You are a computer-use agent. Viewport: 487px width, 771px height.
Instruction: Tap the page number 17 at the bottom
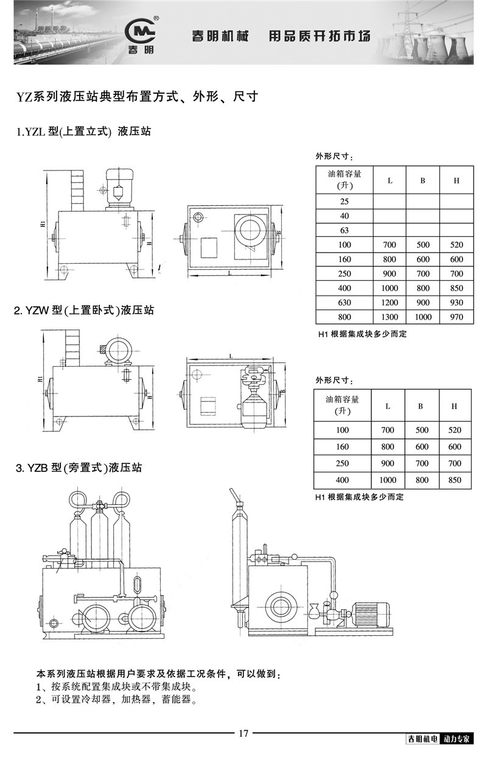243,733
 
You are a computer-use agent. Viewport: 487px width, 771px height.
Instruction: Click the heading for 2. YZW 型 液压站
85,311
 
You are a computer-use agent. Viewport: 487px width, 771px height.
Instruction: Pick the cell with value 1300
390,317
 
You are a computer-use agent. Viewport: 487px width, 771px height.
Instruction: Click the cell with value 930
455,303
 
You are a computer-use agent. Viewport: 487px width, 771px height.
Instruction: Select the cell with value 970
455,317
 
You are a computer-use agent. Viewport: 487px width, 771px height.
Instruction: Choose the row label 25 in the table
345,202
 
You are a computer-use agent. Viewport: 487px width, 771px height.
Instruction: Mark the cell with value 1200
390,303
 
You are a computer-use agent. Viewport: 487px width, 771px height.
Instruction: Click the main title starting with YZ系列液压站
137,96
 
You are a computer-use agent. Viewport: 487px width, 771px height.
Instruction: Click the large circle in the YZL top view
249,230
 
